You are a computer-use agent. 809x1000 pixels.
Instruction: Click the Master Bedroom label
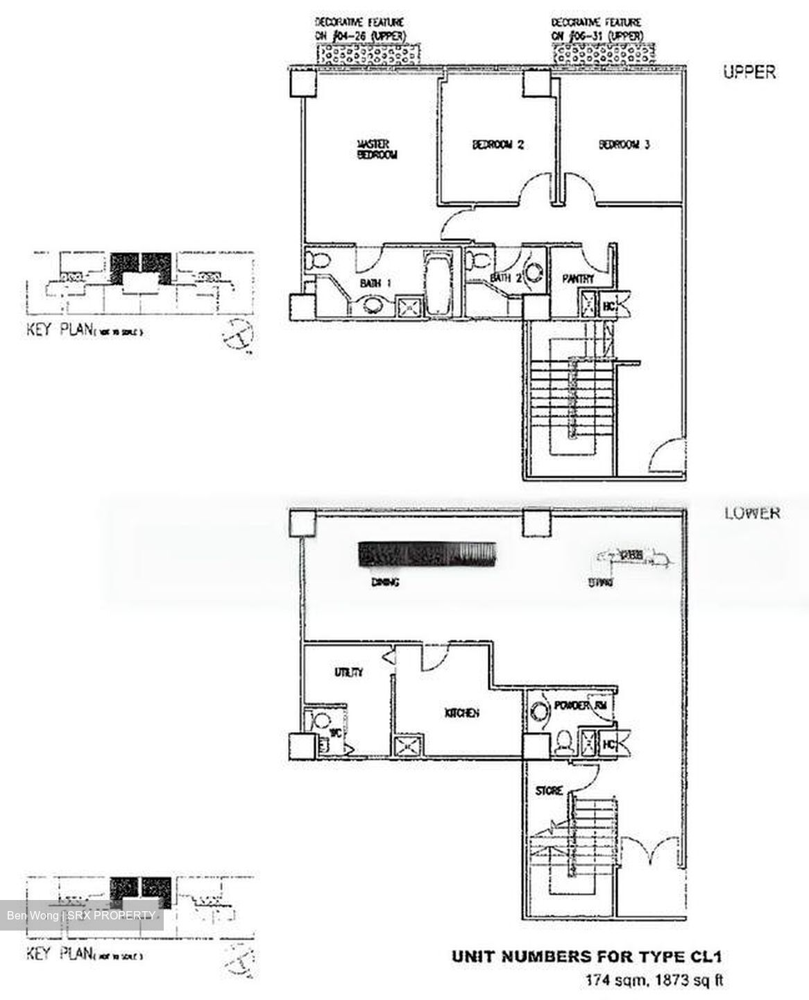377,150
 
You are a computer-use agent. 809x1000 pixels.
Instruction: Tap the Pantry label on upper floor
579,278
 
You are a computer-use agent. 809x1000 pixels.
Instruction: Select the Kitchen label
461,713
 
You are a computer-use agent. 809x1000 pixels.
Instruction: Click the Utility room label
348,672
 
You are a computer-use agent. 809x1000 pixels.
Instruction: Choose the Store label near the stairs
548,790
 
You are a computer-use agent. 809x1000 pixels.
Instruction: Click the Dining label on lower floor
384,582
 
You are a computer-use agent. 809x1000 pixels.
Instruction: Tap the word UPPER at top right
749,72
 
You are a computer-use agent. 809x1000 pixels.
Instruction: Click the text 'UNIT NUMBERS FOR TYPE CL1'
586,957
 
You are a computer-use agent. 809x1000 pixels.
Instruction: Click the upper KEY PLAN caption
84,330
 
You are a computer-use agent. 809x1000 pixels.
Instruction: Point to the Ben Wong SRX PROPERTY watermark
80,915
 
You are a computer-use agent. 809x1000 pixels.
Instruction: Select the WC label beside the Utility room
334,733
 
